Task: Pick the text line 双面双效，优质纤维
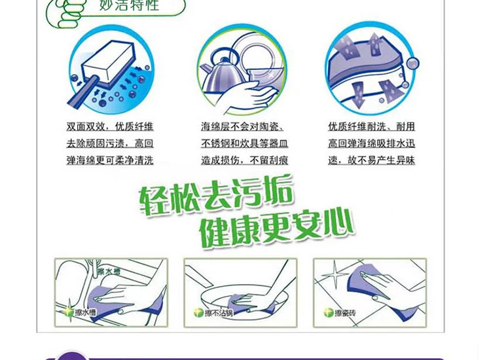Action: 109,127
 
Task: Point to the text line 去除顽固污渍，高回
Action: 109,143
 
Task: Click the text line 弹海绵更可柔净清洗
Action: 109,160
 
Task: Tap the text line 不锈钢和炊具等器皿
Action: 244,143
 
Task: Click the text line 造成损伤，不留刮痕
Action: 244,160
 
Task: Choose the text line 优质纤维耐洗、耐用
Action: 371,127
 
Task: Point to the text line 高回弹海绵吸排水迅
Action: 371,143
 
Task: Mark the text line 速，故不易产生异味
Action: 371,160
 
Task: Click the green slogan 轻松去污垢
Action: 217,194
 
